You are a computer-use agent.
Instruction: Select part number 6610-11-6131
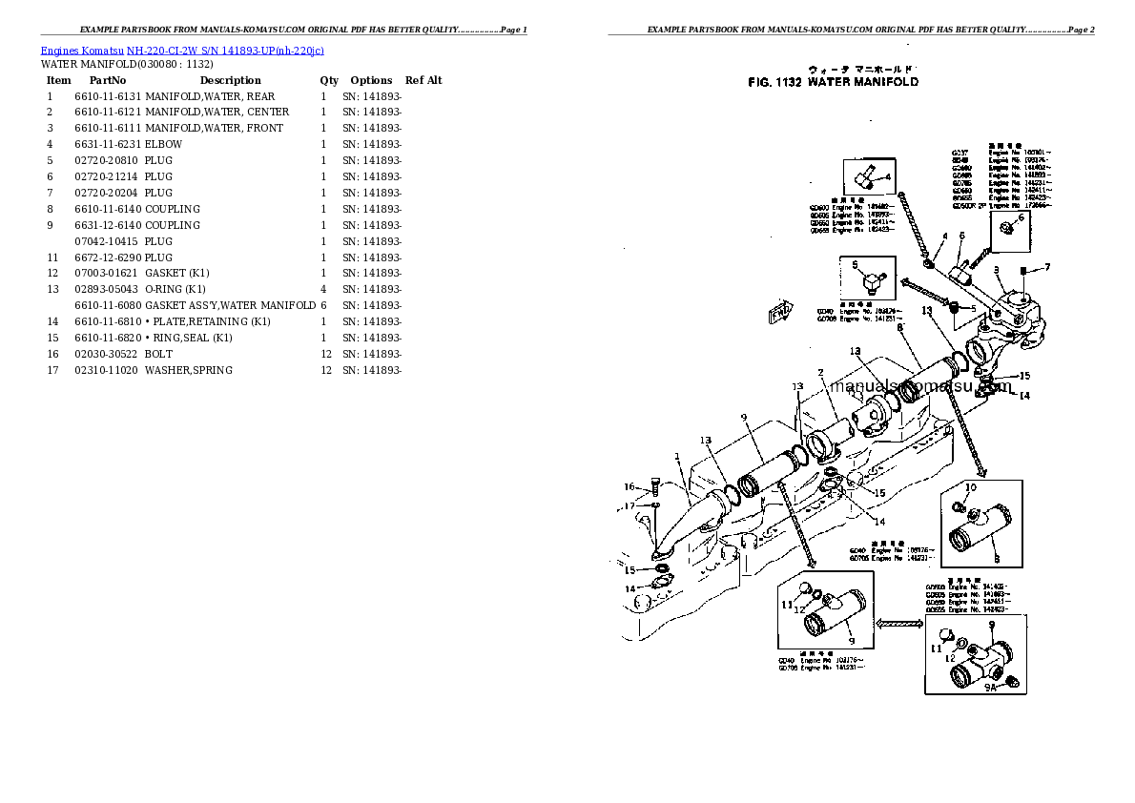click(x=107, y=96)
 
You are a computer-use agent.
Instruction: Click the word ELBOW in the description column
click(x=163, y=144)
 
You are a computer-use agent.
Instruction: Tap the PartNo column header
click(x=107, y=80)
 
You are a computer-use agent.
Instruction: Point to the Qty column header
click(x=329, y=80)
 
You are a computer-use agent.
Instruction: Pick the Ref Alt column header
click(x=423, y=80)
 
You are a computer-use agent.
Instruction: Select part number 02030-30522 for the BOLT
click(x=107, y=354)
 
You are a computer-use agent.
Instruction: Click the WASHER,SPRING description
click(x=189, y=370)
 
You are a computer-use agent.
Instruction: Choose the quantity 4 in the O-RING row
click(x=323, y=289)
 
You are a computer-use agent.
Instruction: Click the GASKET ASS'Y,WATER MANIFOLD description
click(x=230, y=305)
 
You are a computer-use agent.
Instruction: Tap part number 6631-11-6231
click(x=107, y=144)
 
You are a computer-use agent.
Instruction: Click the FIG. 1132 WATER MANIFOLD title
click(x=834, y=82)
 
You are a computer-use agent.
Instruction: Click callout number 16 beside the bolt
click(x=629, y=487)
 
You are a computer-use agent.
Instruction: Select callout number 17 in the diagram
click(x=629, y=505)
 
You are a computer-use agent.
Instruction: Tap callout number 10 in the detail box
click(x=971, y=488)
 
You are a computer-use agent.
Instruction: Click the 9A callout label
click(x=989, y=686)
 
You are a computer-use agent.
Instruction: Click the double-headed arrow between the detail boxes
click(x=898, y=624)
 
